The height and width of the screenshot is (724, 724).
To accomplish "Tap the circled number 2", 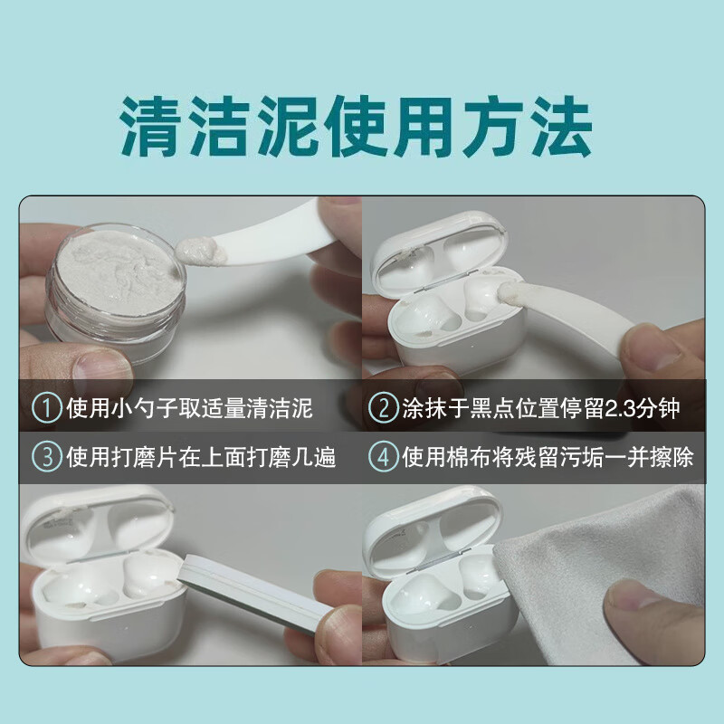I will tap(383, 408).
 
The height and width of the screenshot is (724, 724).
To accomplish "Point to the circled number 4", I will tap(385, 458).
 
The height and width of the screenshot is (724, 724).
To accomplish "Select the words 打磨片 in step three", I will tap(157, 458).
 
